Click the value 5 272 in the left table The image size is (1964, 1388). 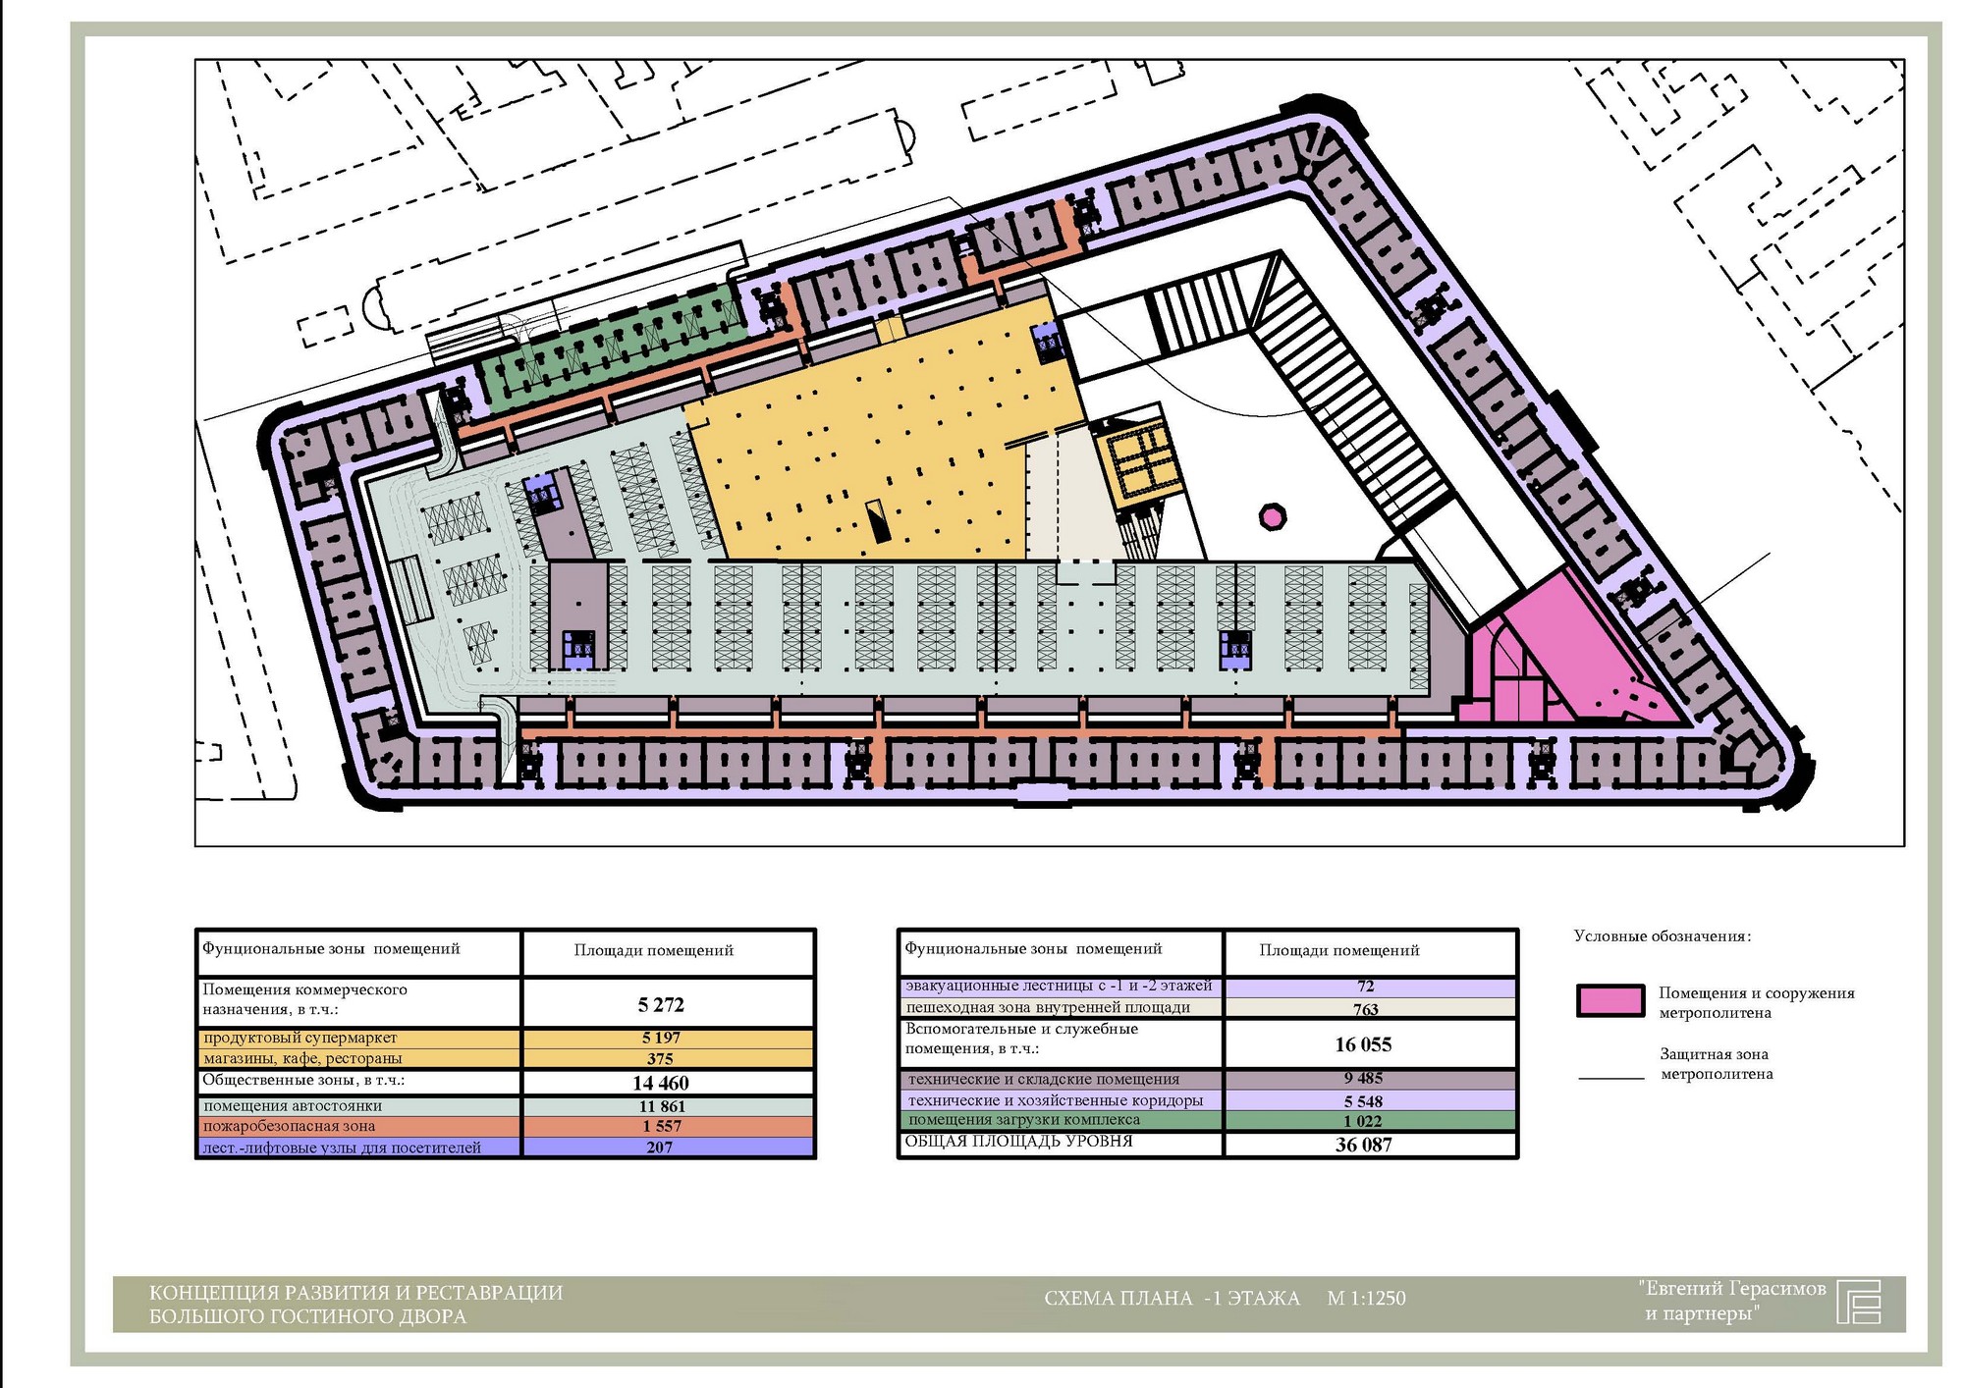661,1004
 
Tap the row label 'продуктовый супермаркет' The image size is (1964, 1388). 300,1038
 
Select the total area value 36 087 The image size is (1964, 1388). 1363,1145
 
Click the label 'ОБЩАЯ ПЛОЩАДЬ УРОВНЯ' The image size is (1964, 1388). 1018,1142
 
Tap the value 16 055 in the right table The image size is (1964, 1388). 1363,1044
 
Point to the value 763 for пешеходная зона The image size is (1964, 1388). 1365,1009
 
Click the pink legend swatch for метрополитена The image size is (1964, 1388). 1609,1000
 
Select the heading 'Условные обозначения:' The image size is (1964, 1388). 1662,936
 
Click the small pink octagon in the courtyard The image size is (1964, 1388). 1273,516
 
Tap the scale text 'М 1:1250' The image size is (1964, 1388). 1366,1298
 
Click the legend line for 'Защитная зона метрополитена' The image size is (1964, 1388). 1610,1079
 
